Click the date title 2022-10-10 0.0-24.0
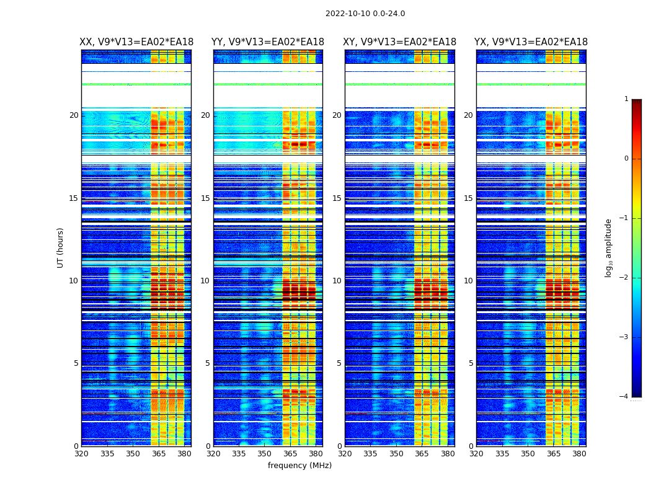365,14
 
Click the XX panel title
136,42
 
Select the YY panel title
268,42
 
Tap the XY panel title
400,42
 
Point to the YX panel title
531,42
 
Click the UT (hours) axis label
61,247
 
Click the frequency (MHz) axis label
299,466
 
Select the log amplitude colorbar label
609,247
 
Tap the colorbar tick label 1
626,99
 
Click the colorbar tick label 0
626,159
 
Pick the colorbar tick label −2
624,278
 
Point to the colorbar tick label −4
624,397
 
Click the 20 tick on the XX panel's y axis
74,115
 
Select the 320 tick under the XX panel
81,454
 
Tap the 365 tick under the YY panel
290,454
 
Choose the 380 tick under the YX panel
579,454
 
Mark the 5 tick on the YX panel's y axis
471,363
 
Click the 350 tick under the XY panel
396,454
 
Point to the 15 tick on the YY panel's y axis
205,198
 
